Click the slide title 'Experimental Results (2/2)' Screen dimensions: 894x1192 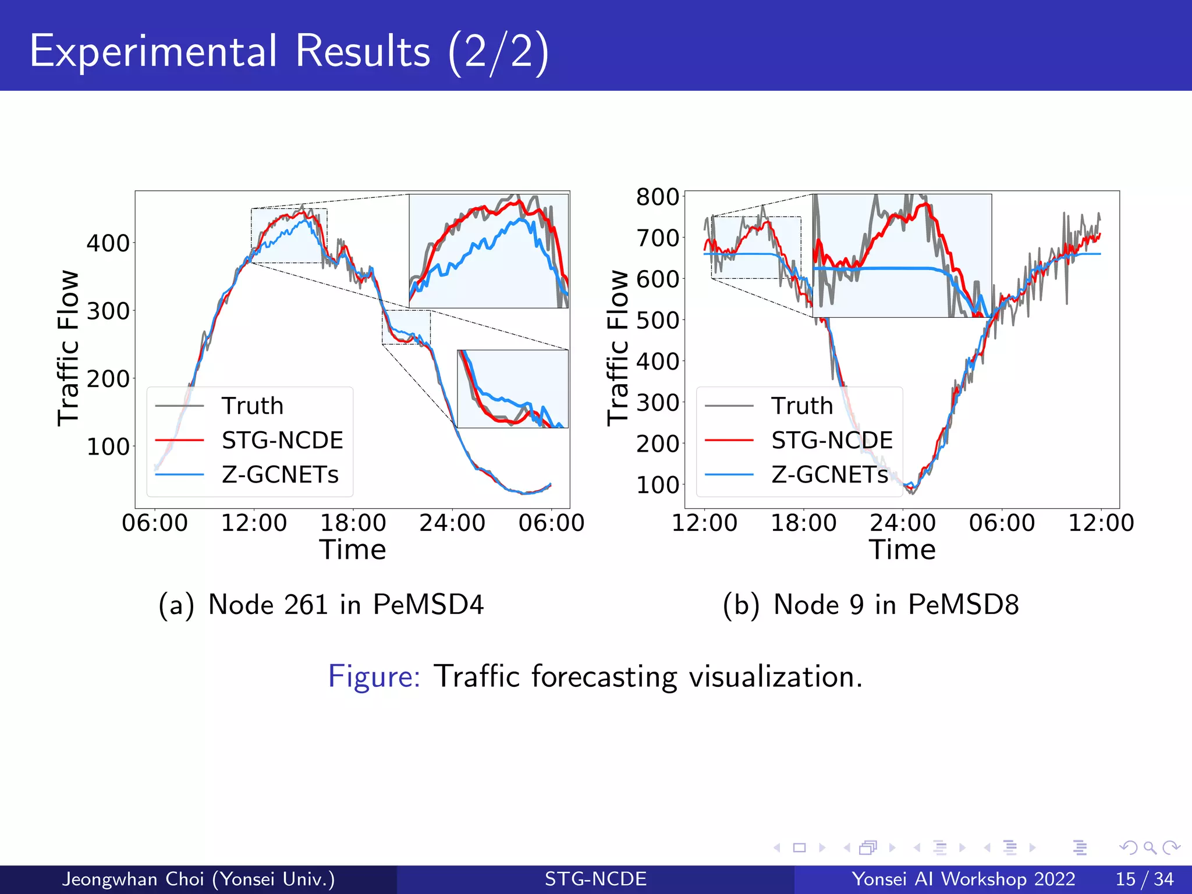[x=289, y=51]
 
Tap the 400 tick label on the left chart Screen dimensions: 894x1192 [x=108, y=243]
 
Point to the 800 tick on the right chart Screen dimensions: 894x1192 [x=658, y=197]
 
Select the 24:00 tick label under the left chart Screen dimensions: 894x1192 [x=452, y=523]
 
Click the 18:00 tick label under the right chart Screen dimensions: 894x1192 [x=804, y=523]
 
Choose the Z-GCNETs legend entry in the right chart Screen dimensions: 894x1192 [x=829, y=475]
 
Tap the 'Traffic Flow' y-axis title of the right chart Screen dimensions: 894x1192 [x=618, y=347]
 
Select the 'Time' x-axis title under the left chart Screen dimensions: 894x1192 [x=353, y=550]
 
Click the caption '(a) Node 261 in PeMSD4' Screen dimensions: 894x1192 [x=321, y=604]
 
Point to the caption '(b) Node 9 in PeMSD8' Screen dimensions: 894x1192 [x=871, y=604]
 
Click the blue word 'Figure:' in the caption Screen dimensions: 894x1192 [x=374, y=676]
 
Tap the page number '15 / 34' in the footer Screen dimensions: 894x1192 [x=1144, y=879]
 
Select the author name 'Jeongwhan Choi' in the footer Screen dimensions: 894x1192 [x=133, y=879]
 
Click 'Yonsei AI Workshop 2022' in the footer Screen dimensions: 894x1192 [x=963, y=879]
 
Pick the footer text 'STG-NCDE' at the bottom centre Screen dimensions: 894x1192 [x=595, y=879]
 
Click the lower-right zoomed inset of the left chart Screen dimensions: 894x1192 [x=513, y=389]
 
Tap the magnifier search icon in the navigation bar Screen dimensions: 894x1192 [x=1150, y=847]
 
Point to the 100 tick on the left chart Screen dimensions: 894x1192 [x=108, y=447]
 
